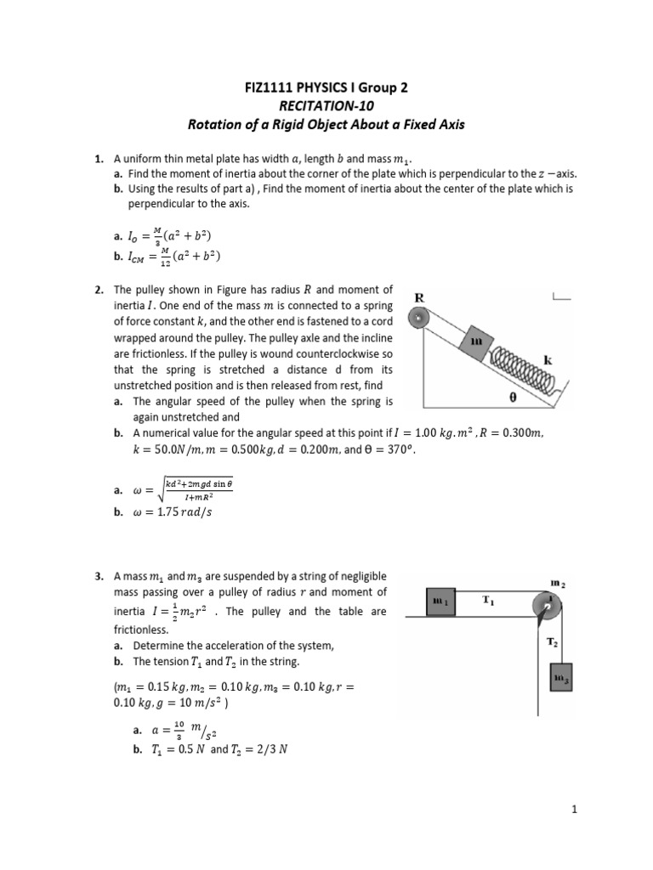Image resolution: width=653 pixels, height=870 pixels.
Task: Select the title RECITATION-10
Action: tap(326, 105)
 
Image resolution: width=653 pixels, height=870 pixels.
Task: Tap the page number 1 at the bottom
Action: tap(575, 810)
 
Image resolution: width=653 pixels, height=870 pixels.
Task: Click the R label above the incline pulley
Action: tap(418, 298)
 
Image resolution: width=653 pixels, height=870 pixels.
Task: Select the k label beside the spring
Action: tap(548, 360)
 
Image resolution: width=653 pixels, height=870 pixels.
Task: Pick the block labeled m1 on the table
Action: tap(440, 602)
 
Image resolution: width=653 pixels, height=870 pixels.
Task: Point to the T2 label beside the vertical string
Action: tap(552, 643)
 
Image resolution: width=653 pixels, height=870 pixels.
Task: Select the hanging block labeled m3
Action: tap(560, 678)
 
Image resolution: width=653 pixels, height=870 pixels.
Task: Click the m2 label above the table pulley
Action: tap(558, 583)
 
